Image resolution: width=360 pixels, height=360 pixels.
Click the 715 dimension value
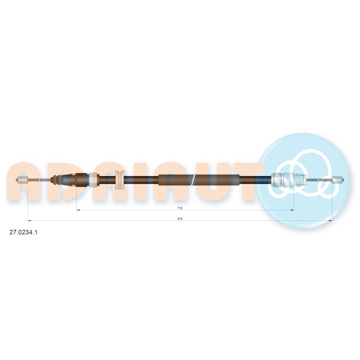pyautogui.click(x=180, y=208)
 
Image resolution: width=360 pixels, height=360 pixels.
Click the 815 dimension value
pyautogui.click(x=180, y=219)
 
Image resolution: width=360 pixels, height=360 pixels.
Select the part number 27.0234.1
pyautogui.click(x=23, y=232)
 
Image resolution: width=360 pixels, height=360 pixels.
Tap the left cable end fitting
pyautogui.click(x=22, y=180)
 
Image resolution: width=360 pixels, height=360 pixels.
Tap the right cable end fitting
pyautogui.click(x=338, y=180)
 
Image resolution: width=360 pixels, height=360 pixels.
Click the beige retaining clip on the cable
pyautogui.click(x=120, y=180)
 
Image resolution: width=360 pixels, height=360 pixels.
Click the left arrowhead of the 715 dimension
pyautogui.click(x=78, y=210)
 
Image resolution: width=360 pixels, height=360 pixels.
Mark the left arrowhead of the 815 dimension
pyautogui.click(x=29, y=221)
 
